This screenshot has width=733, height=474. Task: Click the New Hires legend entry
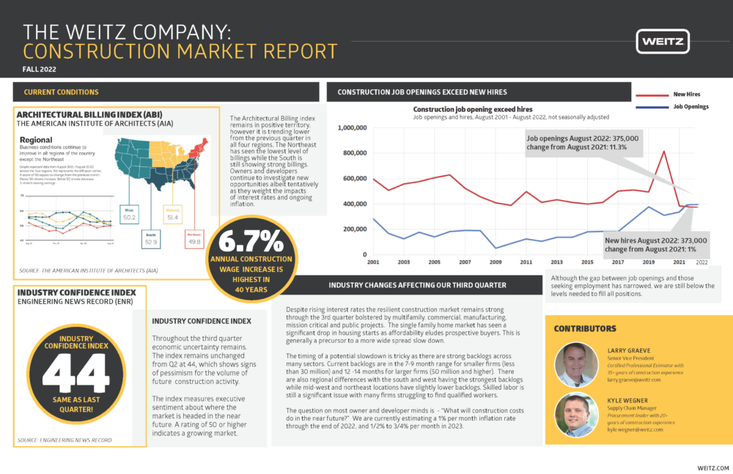point(685,95)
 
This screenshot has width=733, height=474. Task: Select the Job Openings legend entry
point(689,107)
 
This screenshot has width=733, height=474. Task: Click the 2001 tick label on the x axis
point(373,262)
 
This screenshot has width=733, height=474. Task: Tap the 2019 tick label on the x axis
point(649,262)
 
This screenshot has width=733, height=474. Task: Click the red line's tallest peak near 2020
point(663,152)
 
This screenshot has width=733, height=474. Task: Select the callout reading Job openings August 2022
point(583,142)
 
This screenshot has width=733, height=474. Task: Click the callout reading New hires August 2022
point(656,244)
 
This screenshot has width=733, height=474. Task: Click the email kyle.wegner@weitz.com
point(635,429)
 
